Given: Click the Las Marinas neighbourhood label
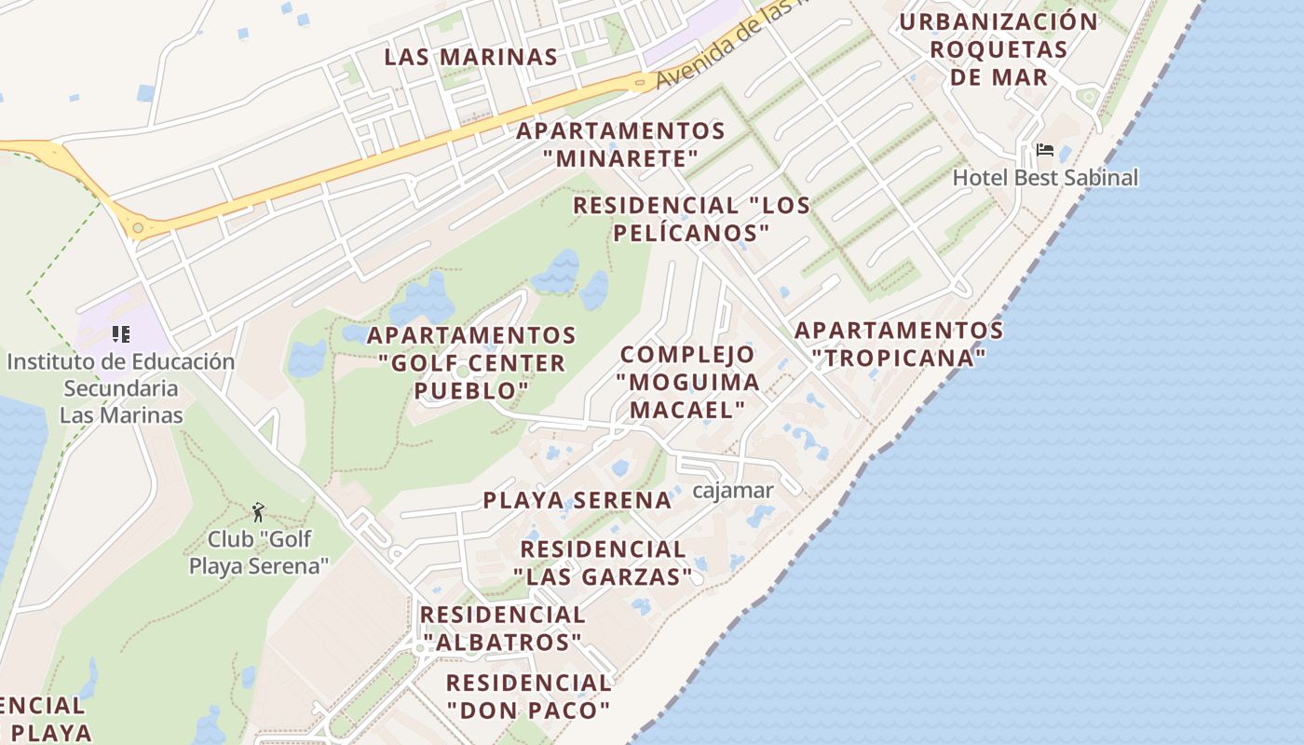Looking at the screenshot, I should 470,57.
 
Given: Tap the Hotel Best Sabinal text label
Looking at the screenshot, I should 1045,177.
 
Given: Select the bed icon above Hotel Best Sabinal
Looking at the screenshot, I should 1045,150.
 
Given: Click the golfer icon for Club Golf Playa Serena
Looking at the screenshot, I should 258,512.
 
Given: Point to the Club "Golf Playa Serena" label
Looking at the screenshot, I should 259,552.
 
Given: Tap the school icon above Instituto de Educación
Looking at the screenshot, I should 120,333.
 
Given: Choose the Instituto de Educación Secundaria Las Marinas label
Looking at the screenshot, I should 121,387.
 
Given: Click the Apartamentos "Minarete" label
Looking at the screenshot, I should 621,144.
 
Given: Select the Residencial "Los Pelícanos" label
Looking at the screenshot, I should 691,218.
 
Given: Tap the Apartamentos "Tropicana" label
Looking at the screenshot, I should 898,344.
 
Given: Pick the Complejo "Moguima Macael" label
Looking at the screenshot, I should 687,382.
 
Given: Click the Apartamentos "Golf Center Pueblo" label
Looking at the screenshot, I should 472,362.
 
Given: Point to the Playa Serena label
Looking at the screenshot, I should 577,500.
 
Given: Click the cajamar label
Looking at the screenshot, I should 733,490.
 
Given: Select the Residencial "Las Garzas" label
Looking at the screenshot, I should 603,562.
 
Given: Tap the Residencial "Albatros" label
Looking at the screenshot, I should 502,629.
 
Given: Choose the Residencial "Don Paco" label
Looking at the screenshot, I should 528,696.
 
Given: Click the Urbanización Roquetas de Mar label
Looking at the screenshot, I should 999,48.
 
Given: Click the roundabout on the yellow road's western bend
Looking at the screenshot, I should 138,227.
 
